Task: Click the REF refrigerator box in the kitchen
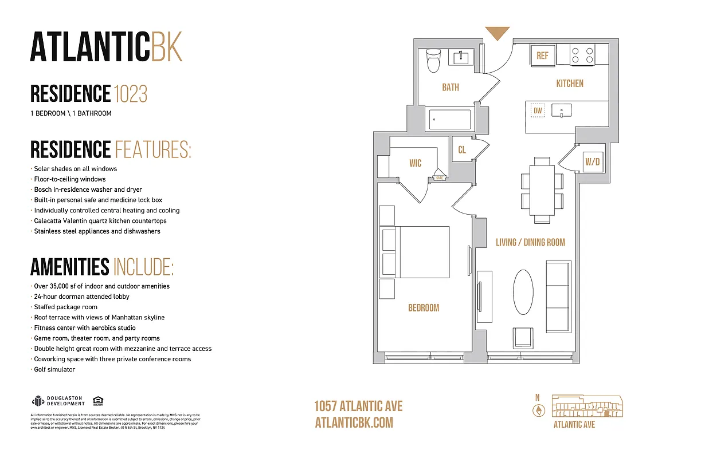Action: point(542,56)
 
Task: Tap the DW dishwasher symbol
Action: point(537,110)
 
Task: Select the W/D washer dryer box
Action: point(592,162)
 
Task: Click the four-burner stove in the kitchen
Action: point(582,56)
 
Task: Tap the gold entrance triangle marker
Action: point(497,33)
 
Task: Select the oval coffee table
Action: point(522,292)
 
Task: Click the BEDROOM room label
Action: point(424,308)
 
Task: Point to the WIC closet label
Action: point(416,163)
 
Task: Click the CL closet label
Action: point(462,150)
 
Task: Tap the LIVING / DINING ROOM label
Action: point(530,242)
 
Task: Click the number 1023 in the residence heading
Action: point(130,93)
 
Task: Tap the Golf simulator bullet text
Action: point(54,369)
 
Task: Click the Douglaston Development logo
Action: point(58,401)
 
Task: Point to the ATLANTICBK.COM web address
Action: point(354,423)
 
